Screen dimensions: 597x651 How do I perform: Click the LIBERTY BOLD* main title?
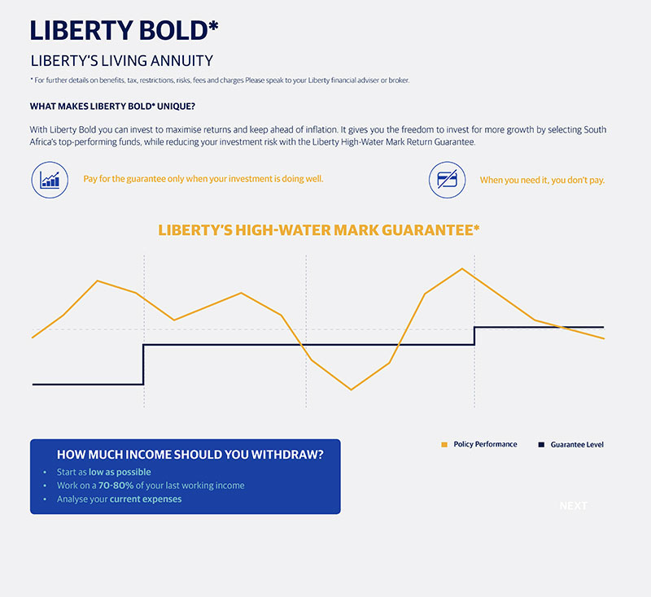click(124, 30)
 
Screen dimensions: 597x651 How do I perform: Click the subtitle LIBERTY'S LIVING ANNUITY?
click(121, 61)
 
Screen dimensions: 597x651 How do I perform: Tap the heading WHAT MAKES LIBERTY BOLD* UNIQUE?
click(112, 107)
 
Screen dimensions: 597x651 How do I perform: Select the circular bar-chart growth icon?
click(50, 179)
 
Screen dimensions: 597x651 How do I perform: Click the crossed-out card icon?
click(447, 179)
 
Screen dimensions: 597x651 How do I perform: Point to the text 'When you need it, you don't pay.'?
click(542, 180)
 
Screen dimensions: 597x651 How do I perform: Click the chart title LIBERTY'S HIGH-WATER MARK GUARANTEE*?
click(318, 230)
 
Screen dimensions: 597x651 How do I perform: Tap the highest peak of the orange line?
click(462, 268)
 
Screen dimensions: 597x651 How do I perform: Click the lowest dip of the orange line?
click(352, 390)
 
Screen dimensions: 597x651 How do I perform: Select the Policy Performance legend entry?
click(485, 445)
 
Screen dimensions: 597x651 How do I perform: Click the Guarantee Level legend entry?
click(577, 445)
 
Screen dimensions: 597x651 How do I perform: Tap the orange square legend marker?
click(444, 445)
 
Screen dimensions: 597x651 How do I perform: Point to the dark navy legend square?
click(540, 445)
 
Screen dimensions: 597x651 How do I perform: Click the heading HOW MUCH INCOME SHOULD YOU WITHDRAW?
click(190, 455)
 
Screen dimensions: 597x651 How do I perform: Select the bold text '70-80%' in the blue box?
click(116, 486)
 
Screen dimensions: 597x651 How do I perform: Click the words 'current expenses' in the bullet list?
click(146, 499)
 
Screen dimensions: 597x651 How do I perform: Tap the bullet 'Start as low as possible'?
click(103, 472)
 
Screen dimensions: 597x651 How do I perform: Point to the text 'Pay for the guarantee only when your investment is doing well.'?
click(203, 179)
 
